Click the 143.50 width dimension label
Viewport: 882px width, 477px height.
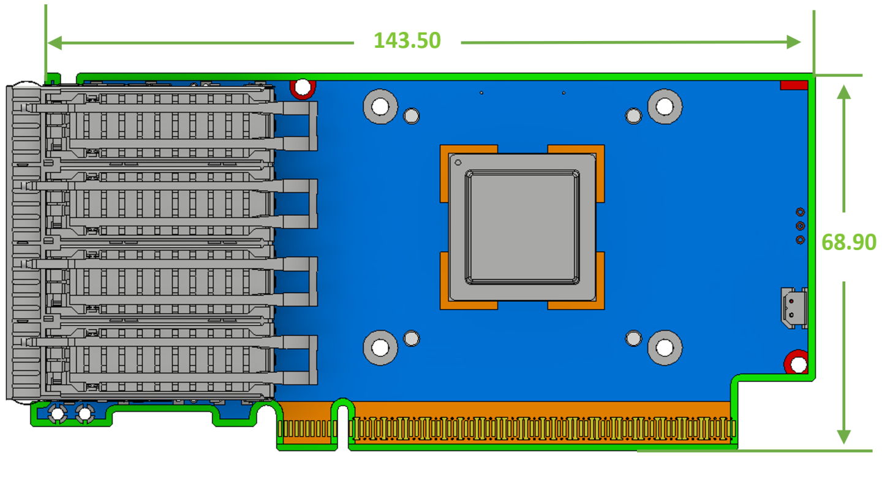[x=407, y=40]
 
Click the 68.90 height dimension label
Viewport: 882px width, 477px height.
[x=848, y=242]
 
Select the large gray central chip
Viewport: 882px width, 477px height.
[x=522, y=227]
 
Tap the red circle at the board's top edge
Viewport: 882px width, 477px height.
[x=303, y=88]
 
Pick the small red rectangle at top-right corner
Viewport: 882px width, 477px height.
[x=794, y=85]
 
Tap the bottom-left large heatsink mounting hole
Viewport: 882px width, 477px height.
[x=380, y=348]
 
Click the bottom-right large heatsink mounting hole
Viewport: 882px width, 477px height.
[x=665, y=348]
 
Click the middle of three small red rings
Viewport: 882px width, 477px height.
[x=800, y=226]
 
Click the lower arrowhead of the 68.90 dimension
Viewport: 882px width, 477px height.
[x=844, y=437]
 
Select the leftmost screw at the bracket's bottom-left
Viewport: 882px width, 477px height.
[x=57, y=414]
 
